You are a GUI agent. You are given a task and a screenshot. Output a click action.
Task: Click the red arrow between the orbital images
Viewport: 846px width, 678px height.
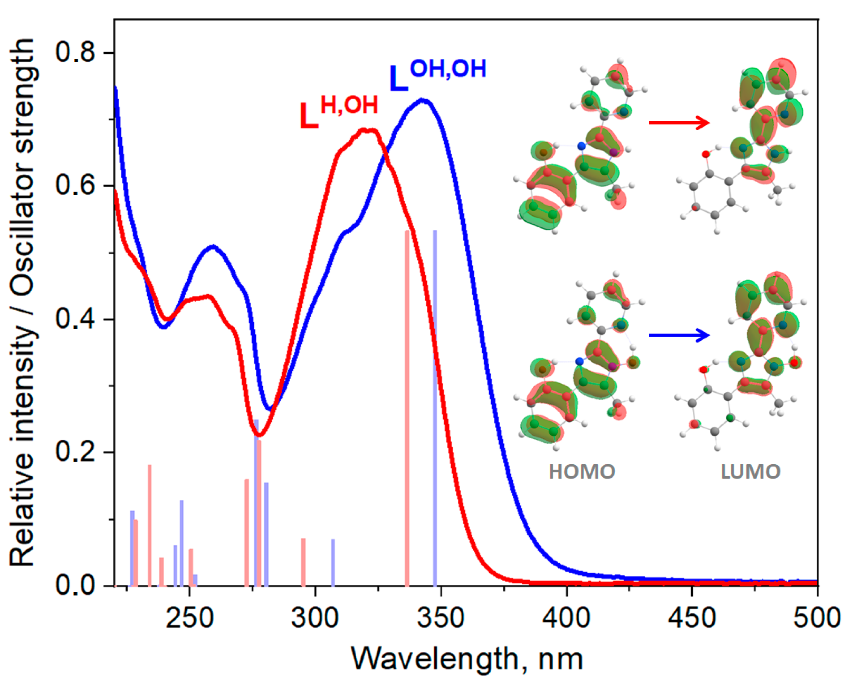coord(679,123)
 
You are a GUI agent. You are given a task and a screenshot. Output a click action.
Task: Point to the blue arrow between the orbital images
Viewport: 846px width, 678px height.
coord(679,335)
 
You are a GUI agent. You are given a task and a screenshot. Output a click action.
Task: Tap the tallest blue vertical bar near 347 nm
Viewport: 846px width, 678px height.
coord(435,408)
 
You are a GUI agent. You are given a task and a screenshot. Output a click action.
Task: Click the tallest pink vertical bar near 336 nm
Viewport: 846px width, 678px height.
coord(407,408)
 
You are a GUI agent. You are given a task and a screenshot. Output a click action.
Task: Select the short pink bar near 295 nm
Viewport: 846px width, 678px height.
coord(303,562)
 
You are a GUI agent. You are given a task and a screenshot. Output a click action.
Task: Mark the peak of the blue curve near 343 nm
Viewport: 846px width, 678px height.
coord(422,100)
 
